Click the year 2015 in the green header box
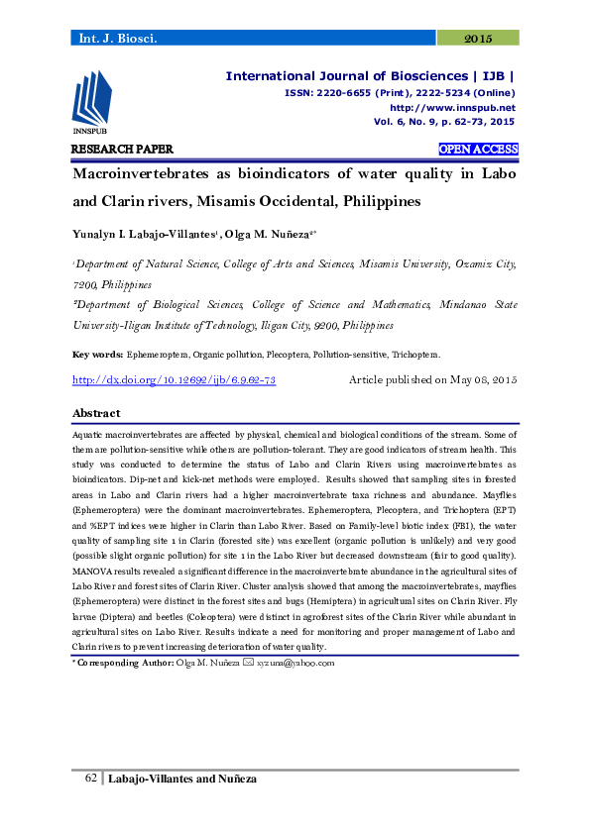click(x=478, y=38)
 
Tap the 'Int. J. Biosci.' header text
click(x=117, y=38)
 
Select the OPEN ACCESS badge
click(x=478, y=150)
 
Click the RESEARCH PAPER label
click(x=122, y=150)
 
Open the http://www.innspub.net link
click(x=452, y=107)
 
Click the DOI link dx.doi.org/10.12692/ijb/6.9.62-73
click(x=175, y=380)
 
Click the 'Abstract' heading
click(x=97, y=413)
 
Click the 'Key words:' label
click(x=98, y=354)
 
